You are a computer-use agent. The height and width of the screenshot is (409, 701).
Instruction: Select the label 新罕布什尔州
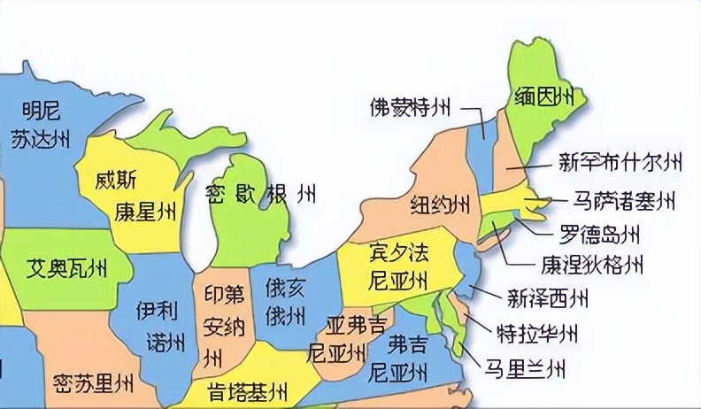(620, 162)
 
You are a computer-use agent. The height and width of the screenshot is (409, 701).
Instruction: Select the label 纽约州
(439, 206)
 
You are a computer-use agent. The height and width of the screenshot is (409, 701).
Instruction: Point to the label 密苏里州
(92, 384)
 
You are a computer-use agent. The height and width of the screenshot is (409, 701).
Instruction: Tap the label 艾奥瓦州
(66, 266)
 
